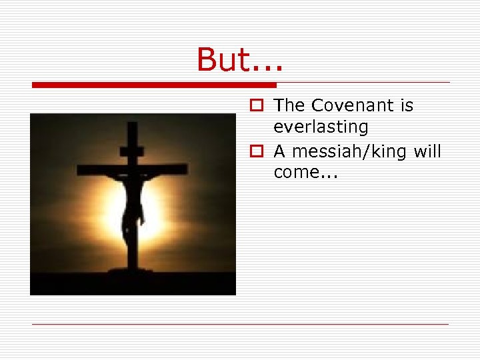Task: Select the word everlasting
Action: pos(321,127)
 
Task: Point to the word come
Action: pos(297,173)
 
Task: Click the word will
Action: pos(427,151)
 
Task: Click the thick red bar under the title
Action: pos(154,85)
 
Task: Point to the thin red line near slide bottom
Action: pos(240,324)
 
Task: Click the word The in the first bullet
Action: pos(289,105)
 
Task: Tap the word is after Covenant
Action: pos(406,105)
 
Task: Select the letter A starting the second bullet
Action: pos(279,152)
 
